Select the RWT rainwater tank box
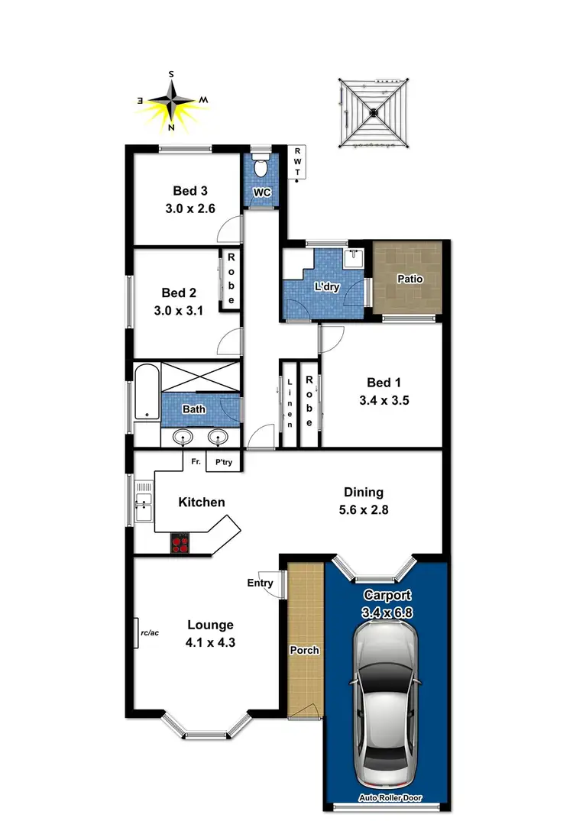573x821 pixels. (297, 162)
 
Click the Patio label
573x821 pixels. (410, 279)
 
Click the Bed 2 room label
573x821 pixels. (175, 292)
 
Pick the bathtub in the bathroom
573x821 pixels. (145, 393)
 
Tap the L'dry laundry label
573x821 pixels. (327, 288)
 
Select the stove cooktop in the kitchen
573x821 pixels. (181, 544)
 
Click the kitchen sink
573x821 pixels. (143, 502)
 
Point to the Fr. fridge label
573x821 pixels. (196, 462)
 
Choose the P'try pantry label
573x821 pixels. (224, 462)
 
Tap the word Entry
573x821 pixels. (260, 583)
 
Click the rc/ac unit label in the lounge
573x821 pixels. (149, 632)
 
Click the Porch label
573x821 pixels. (304, 651)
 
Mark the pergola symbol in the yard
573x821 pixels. (374, 113)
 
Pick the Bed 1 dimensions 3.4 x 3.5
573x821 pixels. (384, 399)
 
